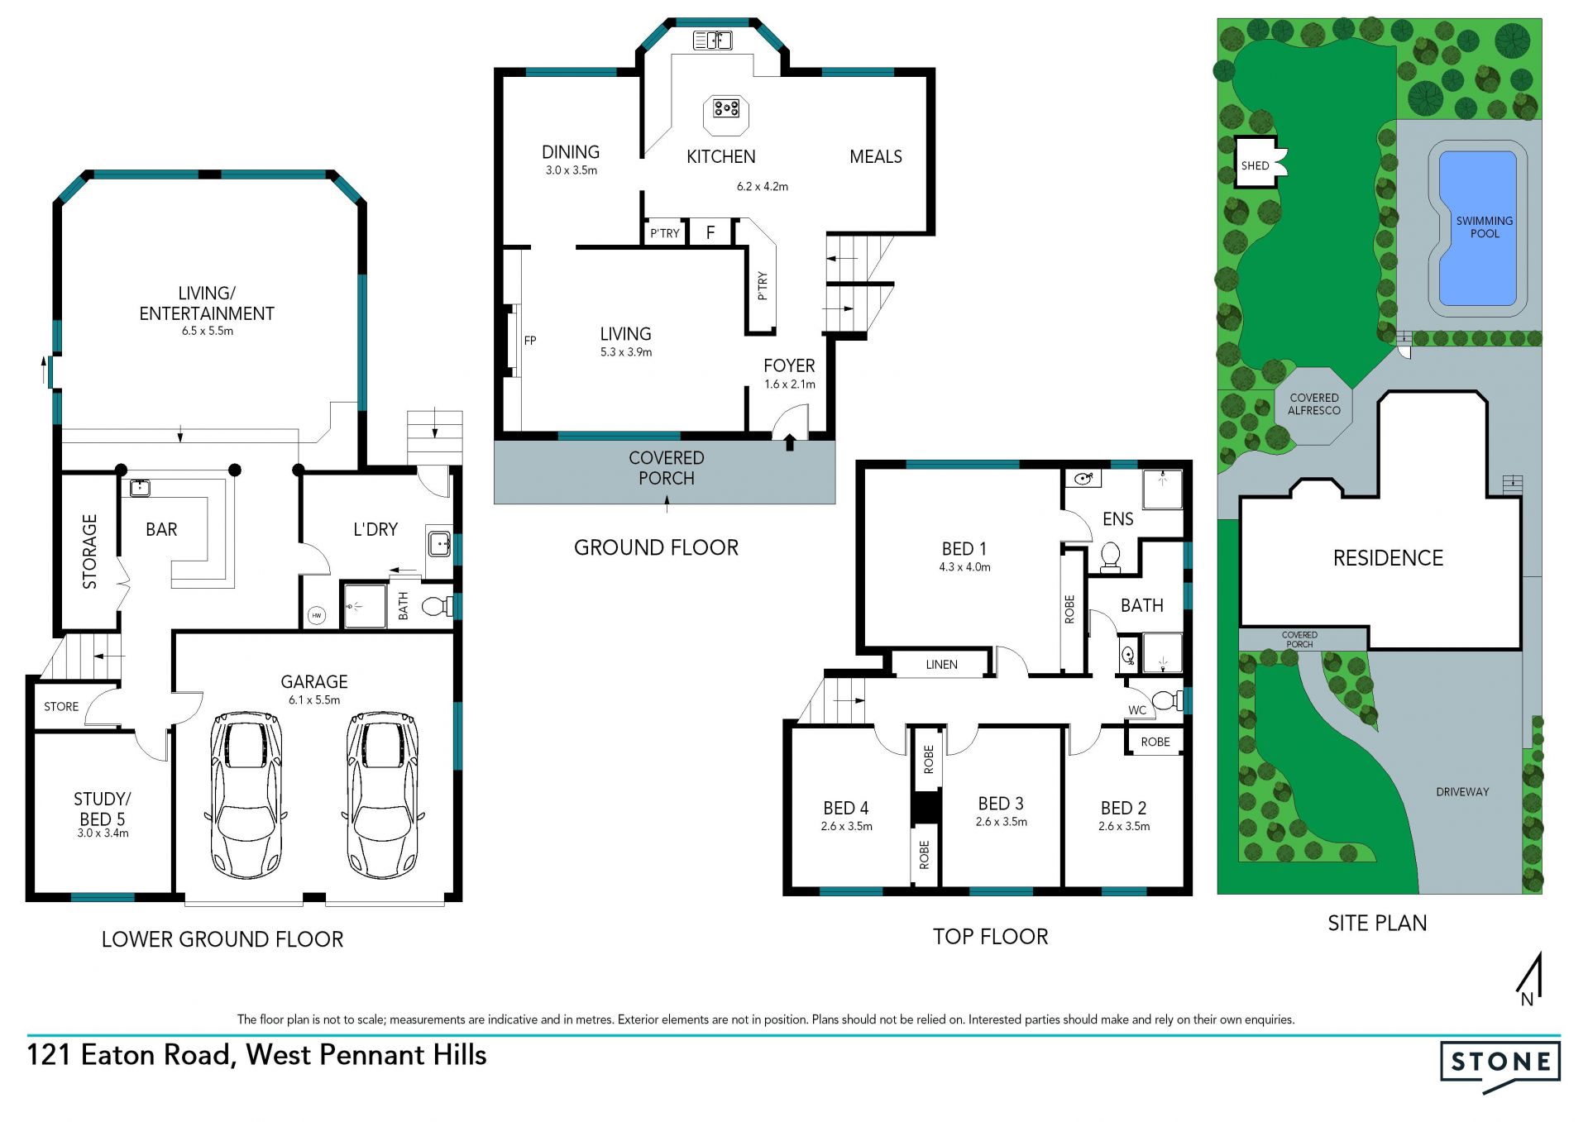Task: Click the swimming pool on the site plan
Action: (x=1477, y=228)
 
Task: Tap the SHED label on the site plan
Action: (x=1255, y=165)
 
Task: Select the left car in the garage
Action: (x=246, y=795)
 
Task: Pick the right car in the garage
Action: (x=382, y=795)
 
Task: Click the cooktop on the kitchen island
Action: (x=726, y=107)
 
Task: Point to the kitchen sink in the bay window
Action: (x=712, y=40)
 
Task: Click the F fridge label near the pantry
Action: (x=710, y=232)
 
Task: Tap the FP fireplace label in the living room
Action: (x=530, y=340)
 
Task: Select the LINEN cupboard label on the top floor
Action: (x=941, y=664)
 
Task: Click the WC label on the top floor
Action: (x=1137, y=709)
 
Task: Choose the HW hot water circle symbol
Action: (x=317, y=615)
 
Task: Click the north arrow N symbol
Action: (x=1530, y=979)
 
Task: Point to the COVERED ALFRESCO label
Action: (x=1313, y=403)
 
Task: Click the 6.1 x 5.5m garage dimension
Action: (x=314, y=699)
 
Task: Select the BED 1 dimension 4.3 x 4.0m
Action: (x=964, y=567)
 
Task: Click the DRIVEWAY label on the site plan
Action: (x=1462, y=791)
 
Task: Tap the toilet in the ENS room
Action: (x=1111, y=557)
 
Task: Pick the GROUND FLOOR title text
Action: (x=656, y=547)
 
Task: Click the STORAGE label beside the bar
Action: (x=89, y=551)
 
